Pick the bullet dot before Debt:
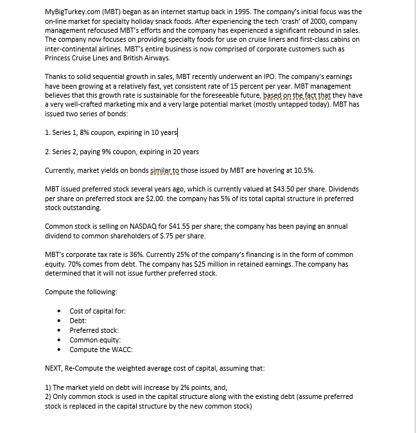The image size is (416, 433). [x=59, y=321]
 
